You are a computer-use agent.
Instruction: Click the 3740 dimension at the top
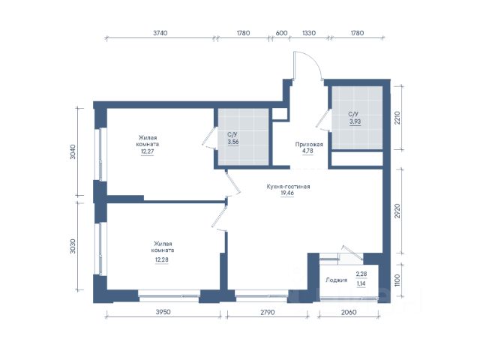[160, 33]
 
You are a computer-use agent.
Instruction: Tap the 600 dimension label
[282, 33]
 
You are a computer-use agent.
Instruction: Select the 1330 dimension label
[308, 33]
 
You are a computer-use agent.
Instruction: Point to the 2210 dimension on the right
[397, 118]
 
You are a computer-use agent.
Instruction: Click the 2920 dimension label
[397, 211]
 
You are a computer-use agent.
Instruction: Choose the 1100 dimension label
[397, 280]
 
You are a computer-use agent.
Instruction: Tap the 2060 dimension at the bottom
[349, 312]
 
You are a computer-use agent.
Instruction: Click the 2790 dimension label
[268, 312]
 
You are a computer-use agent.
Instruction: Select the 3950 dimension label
[163, 312]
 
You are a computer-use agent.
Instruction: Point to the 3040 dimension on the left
[73, 151]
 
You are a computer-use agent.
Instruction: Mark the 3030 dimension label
[73, 247]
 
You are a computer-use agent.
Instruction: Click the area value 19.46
[287, 193]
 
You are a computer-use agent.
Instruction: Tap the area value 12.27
[147, 151]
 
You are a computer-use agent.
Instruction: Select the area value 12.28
[162, 260]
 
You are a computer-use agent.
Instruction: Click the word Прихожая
[309, 145]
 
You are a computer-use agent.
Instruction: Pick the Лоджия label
[337, 280]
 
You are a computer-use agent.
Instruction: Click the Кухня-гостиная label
[288, 187]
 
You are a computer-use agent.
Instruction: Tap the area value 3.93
[355, 121]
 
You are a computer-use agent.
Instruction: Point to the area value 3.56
[233, 142]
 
